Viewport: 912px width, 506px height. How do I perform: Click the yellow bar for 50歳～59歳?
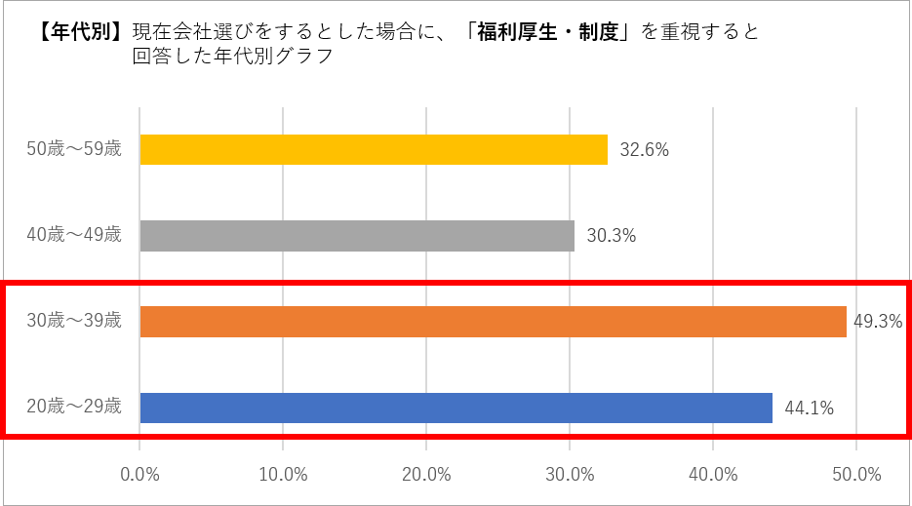click(374, 149)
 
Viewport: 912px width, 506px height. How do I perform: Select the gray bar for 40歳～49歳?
click(357, 236)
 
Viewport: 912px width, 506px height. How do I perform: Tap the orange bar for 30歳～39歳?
click(493, 322)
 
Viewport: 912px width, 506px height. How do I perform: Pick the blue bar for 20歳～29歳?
click(456, 408)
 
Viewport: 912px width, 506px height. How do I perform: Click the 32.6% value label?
click(644, 150)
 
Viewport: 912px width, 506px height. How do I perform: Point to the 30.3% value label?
click(612, 236)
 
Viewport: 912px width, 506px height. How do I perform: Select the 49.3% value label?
click(878, 322)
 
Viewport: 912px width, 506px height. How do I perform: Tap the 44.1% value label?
click(809, 409)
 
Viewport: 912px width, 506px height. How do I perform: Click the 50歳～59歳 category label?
click(74, 149)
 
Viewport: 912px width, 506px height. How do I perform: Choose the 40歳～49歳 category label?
click(74, 235)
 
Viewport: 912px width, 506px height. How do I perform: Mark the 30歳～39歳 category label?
click(74, 321)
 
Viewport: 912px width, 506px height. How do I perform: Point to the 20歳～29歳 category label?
click(74, 407)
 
